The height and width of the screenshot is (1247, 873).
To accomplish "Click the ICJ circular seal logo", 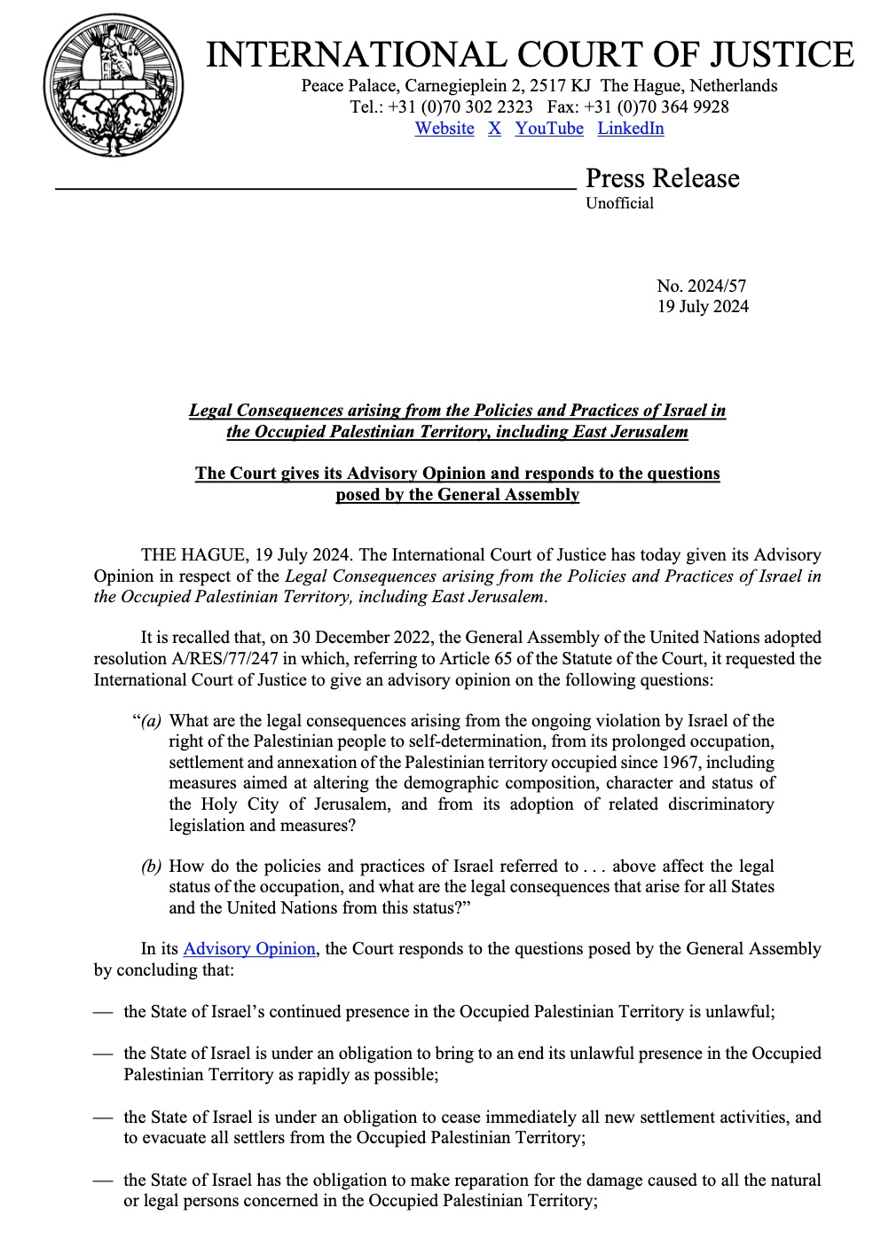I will point(114,85).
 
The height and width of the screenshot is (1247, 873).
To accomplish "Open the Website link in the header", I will point(444,129).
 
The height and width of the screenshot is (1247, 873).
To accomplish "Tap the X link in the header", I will point(494,129).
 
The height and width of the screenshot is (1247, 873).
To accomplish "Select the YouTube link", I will point(549,129).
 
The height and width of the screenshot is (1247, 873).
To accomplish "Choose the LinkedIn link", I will point(630,129).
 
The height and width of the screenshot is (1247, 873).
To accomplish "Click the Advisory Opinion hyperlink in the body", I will point(249,949).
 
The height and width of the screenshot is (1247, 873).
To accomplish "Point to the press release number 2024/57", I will point(701,286).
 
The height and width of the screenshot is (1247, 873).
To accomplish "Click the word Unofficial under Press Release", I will point(619,203).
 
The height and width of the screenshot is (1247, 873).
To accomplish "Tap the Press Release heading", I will point(662,178).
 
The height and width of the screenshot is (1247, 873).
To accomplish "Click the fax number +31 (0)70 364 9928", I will point(657,107).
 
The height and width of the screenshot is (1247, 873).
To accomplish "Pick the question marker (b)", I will point(151,867).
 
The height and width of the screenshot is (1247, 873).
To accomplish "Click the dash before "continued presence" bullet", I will point(103,1012).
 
